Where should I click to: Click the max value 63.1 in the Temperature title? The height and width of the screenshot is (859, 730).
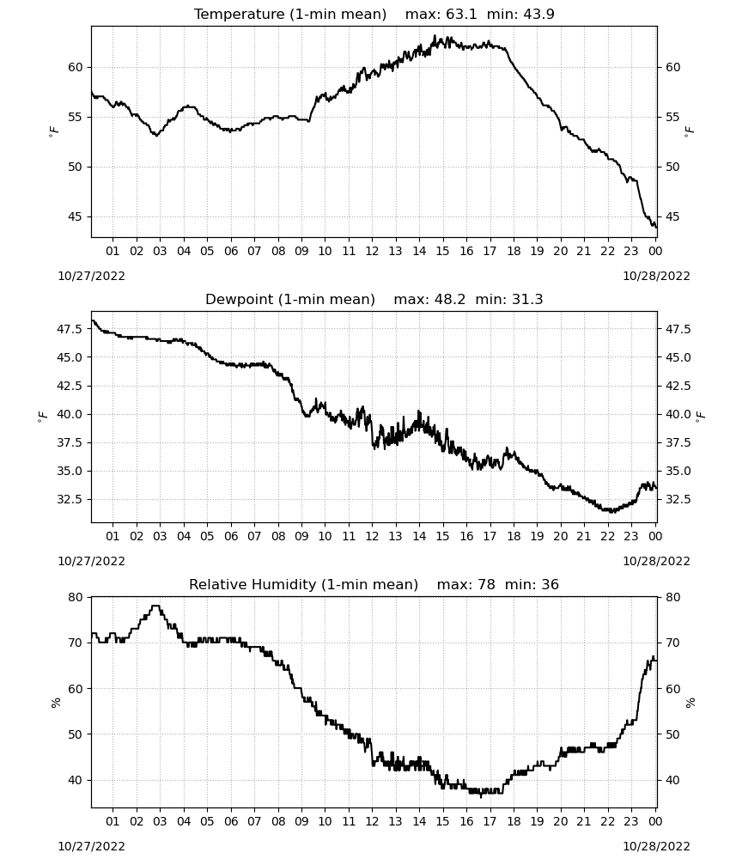461,15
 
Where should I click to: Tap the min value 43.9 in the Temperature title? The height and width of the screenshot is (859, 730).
538,15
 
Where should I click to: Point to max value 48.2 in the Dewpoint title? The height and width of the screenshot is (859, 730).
450,300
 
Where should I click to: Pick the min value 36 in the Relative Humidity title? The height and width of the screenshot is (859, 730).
550,584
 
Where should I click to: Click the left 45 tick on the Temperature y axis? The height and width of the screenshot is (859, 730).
75,217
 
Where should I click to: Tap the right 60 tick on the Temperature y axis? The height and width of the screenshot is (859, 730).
672,67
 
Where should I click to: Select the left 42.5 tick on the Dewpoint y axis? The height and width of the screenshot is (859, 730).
70,386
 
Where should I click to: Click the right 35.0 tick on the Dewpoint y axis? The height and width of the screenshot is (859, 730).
678,471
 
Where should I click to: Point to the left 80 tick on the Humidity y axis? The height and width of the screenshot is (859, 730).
75,597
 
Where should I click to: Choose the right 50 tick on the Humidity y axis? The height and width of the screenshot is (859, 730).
672,734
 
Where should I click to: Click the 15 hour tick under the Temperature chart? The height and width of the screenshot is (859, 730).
442,251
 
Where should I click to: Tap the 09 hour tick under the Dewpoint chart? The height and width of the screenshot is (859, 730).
301,536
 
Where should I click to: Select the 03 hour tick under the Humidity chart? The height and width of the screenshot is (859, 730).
160,821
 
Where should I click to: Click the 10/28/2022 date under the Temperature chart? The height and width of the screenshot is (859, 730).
656,276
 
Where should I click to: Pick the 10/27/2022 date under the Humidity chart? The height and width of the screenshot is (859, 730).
91,846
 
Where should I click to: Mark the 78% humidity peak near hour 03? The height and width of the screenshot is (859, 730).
155,606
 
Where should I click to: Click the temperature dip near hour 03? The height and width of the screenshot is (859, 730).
156,135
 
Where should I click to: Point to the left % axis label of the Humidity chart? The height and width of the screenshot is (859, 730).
55,703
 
